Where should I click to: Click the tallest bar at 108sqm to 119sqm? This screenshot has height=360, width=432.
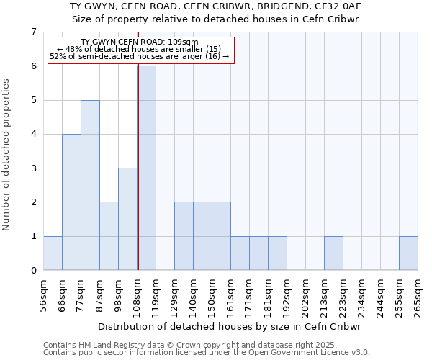147,168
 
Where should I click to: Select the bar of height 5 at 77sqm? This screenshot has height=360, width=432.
90,185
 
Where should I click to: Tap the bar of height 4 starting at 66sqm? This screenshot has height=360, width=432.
71,202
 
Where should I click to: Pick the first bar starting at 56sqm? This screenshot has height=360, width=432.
53,253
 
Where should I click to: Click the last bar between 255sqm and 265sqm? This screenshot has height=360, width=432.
408,253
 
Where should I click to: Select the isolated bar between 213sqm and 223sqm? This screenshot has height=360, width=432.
333,253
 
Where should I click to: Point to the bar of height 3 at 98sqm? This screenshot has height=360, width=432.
127,219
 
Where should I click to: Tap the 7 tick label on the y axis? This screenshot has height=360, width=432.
33,32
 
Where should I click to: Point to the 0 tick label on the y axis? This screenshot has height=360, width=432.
33,271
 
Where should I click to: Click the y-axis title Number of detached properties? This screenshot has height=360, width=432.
7,155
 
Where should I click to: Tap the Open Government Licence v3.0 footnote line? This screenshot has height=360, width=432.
207,353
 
